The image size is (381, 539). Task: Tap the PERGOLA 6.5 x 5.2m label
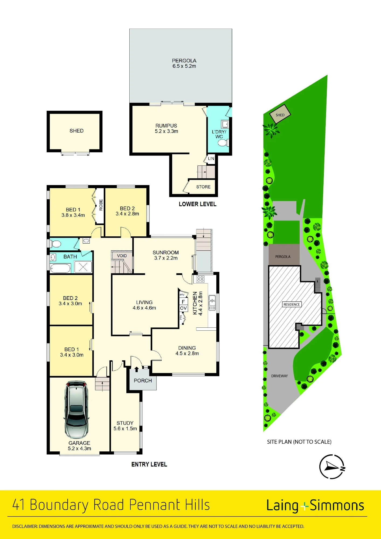click(x=184, y=63)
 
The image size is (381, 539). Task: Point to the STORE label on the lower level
click(x=203, y=187)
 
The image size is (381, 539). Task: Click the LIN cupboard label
click(x=211, y=158)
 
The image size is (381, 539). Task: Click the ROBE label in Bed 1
click(x=101, y=205)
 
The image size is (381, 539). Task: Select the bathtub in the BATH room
click(x=61, y=268)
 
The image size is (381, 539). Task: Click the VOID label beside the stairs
click(x=122, y=256)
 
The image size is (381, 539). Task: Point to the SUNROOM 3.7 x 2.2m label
click(x=166, y=255)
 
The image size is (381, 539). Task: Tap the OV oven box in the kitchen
click(x=183, y=308)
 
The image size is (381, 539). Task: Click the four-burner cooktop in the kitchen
click(x=200, y=279)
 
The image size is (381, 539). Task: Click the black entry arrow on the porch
click(x=137, y=369)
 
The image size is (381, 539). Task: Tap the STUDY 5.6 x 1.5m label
click(x=125, y=426)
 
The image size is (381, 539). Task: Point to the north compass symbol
click(x=332, y=467)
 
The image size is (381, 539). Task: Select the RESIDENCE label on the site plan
click(x=292, y=304)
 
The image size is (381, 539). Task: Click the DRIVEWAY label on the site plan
click(x=279, y=376)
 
